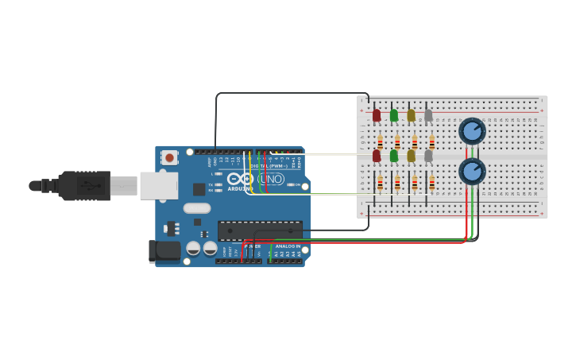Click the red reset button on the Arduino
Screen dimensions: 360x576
pos(170,157)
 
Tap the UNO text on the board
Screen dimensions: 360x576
pos(270,179)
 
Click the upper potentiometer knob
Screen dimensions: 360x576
pos(472,131)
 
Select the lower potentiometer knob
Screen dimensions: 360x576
pos(472,171)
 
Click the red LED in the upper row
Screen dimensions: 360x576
pos(377,116)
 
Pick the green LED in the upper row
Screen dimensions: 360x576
pos(394,116)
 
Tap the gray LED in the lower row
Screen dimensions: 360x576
pos(428,156)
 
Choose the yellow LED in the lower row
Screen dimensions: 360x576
pos(412,156)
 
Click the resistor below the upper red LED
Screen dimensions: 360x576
pos(380,142)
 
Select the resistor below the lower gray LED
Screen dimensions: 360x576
pos(431,184)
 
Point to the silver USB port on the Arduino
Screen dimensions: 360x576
pos(159,185)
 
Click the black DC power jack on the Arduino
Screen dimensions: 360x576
pos(165,250)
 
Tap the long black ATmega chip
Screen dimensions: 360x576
pos(259,230)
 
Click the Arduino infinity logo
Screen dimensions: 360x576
pos(241,179)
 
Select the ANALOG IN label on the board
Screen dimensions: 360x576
pos(288,246)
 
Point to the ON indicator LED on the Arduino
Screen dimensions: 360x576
pos(290,184)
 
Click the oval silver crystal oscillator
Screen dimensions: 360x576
pos(196,208)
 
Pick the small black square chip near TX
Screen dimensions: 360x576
pos(199,189)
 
